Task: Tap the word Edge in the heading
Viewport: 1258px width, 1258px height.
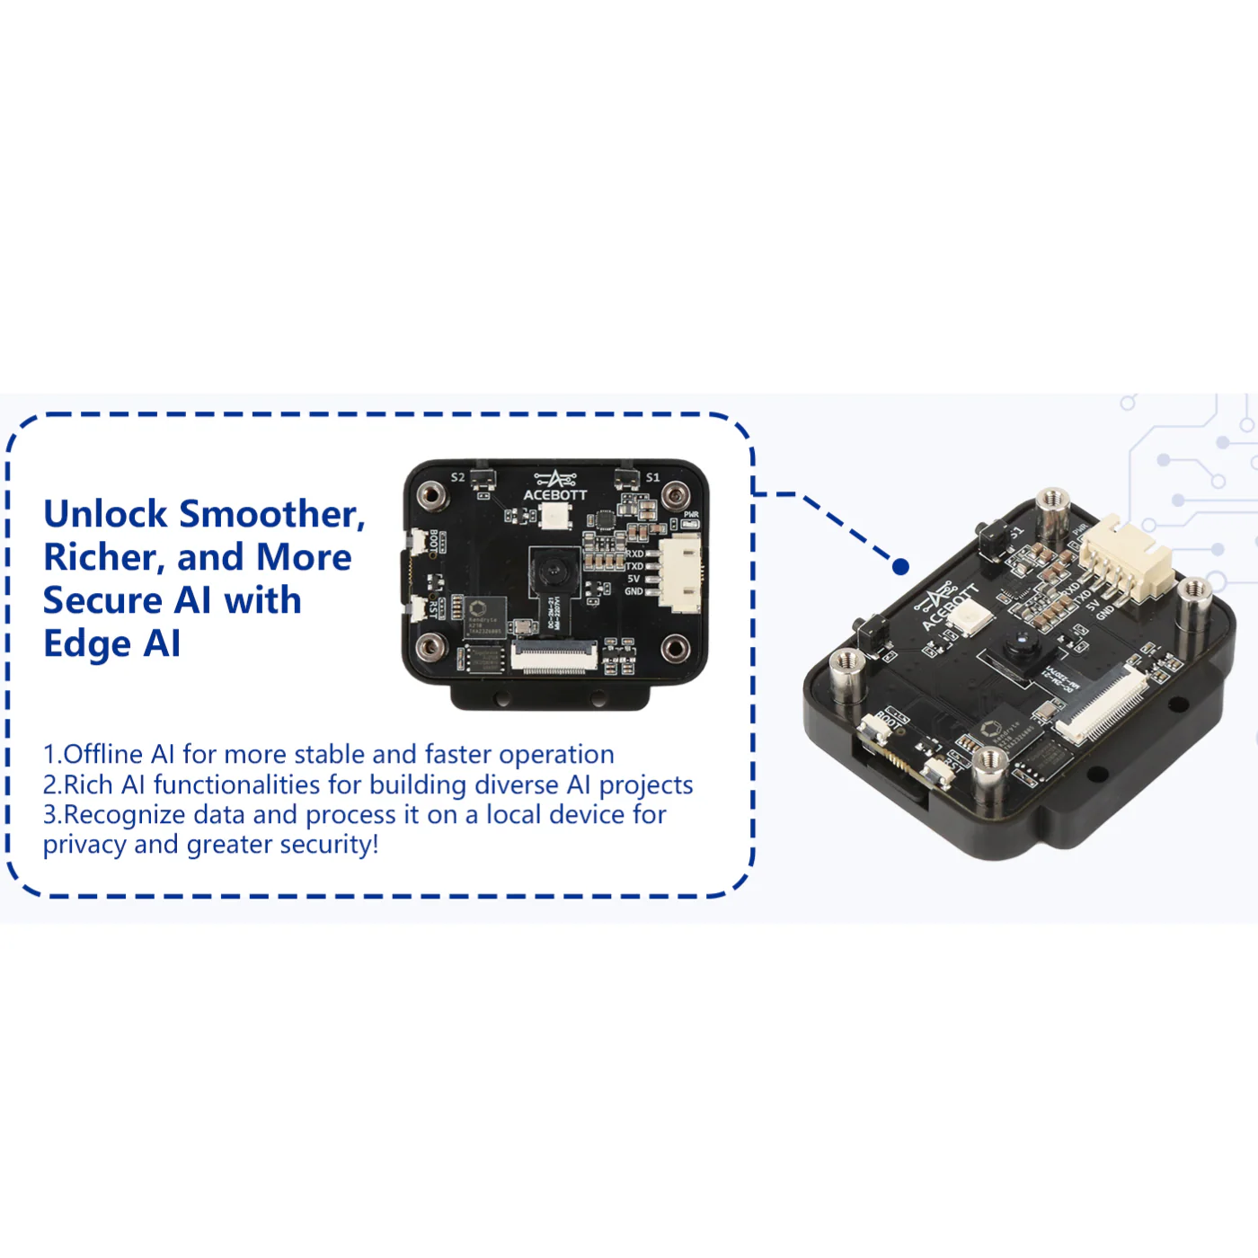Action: [x=86, y=644]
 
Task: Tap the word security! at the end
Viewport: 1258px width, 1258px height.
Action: [x=330, y=845]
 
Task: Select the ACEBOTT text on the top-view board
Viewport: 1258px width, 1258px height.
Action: [x=555, y=495]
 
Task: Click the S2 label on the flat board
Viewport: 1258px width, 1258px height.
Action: [x=457, y=477]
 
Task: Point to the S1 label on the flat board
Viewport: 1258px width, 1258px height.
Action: [x=652, y=477]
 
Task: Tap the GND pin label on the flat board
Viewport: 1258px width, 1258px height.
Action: [x=633, y=591]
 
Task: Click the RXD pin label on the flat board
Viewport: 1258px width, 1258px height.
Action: [x=634, y=554]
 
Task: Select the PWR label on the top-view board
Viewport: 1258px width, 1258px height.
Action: [x=690, y=515]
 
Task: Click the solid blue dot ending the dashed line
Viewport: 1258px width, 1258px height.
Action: [x=901, y=566]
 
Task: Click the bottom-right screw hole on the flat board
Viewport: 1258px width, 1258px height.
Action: [x=675, y=647]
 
